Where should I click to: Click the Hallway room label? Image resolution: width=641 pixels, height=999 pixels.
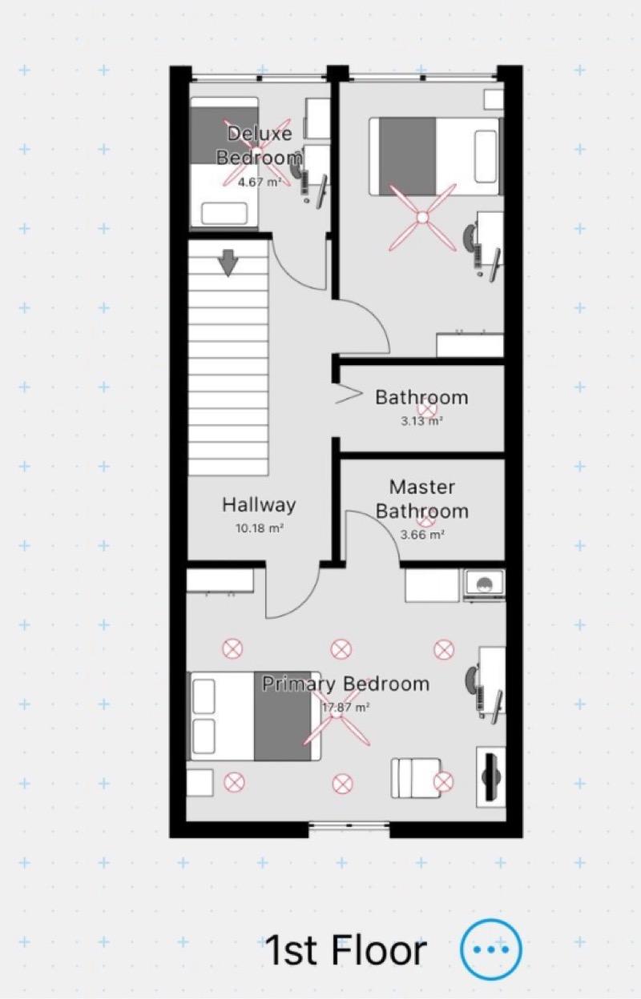tap(259, 505)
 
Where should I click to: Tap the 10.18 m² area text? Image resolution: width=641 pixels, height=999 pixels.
tap(260, 528)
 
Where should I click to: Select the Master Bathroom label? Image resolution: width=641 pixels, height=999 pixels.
tap(421, 499)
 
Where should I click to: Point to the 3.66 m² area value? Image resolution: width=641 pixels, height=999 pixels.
tap(421, 535)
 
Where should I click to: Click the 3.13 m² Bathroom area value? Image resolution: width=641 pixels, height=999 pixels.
tap(421, 421)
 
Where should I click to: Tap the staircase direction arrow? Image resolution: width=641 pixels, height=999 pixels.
tap(228, 263)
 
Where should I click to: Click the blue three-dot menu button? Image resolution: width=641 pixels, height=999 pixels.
tap(490, 949)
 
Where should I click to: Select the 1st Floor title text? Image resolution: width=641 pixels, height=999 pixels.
tap(345, 950)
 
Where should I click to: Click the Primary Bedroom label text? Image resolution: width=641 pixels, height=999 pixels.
tap(345, 684)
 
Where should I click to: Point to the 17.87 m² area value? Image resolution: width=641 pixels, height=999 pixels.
tap(346, 708)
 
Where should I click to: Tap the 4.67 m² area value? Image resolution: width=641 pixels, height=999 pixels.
tap(260, 182)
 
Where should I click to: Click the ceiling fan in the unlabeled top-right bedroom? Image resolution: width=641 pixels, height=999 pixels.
tap(422, 218)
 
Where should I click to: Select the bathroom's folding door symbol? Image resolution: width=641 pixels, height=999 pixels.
tap(349, 393)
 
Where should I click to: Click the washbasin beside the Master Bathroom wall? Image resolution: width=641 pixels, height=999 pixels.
tap(484, 584)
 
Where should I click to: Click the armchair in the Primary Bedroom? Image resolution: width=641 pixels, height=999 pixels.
tap(416, 778)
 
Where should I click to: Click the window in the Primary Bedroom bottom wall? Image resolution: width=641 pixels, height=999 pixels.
tap(349, 826)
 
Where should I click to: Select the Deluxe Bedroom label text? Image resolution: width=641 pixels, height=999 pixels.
tap(260, 145)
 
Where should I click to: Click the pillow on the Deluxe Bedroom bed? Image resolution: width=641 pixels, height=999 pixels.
tap(224, 213)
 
